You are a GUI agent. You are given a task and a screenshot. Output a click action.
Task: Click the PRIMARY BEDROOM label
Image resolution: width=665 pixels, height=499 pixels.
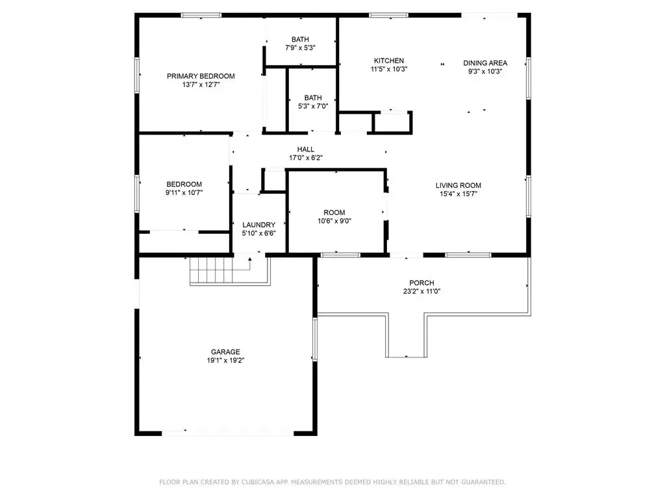click(201, 76)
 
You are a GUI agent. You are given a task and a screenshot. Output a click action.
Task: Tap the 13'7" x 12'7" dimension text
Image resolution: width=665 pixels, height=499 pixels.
click(201, 84)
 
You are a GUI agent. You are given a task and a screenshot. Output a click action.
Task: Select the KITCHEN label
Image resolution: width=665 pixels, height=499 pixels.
click(389, 60)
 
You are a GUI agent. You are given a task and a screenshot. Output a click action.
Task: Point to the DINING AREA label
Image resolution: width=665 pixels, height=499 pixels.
click(485, 63)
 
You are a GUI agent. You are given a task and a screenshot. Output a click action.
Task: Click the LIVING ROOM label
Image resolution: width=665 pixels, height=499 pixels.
click(458, 185)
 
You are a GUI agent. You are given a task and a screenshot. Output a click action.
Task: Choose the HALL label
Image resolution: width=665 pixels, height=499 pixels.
click(306, 149)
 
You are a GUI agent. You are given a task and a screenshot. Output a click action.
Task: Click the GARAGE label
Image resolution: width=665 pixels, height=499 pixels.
click(225, 352)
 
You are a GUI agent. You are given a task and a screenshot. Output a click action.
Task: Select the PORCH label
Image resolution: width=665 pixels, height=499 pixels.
click(421, 283)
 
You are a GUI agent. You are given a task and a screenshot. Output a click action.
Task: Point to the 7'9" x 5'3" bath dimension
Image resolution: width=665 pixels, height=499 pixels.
click(300, 48)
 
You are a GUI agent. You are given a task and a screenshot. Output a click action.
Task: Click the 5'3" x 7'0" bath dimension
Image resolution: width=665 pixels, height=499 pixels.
click(312, 106)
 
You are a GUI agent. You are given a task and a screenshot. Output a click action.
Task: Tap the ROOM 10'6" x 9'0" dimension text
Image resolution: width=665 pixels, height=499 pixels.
click(334, 221)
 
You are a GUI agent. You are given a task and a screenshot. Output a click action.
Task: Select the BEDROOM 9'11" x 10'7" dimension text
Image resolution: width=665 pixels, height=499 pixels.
click(184, 192)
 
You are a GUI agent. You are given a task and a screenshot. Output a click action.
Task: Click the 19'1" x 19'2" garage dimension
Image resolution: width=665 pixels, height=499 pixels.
click(225, 360)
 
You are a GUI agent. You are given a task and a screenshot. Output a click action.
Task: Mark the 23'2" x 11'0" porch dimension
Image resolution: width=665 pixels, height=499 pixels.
click(421, 291)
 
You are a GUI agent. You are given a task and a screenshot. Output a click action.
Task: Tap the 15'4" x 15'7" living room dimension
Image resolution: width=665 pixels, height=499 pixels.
click(458, 194)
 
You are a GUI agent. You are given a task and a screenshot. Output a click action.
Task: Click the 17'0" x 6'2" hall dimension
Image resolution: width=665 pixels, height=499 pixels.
click(306, 158)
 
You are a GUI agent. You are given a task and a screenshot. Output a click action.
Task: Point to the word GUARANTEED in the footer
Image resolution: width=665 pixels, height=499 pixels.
click(481, 482)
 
